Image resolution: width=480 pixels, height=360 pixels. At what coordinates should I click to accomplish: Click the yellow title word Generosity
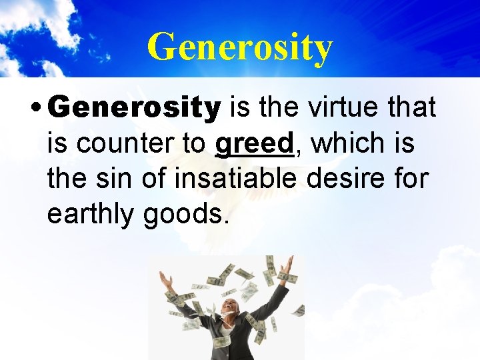pyautogui.click(x=239, y=47)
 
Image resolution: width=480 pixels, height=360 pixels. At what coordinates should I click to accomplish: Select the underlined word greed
pyautogui.click(x=254, y=143)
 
